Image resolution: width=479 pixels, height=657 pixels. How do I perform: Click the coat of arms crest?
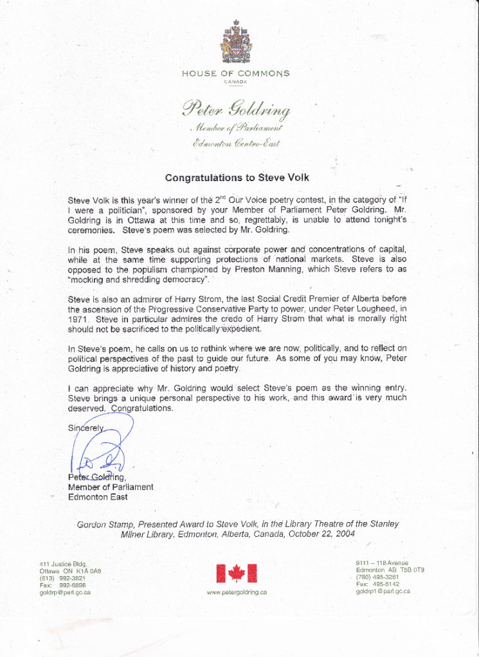235,42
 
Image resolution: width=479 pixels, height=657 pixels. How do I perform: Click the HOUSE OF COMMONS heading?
235,73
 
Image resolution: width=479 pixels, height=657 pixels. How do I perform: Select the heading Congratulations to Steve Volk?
237,178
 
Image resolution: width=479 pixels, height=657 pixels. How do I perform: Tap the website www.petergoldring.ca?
237,592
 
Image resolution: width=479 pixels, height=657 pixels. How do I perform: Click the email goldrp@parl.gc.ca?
65,592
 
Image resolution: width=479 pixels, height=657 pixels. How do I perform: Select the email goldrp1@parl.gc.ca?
383,591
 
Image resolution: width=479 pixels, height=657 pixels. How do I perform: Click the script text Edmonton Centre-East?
236,143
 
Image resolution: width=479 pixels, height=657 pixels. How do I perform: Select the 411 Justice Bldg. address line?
63,564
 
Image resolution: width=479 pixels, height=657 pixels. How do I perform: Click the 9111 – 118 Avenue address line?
382,563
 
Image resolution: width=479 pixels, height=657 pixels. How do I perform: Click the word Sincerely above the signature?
86,428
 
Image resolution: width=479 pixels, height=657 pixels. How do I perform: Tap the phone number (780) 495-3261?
377,577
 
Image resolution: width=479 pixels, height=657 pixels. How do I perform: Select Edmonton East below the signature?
98,497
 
